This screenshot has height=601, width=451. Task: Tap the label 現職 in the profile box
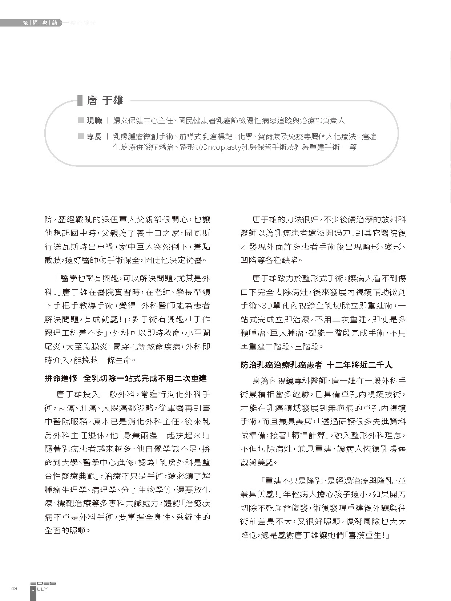pyautogui.click(x=94, y=121)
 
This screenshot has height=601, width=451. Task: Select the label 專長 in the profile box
pyautogui.click(x=94, y=137)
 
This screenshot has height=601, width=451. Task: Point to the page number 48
pyautogui.click(x=15, y=589)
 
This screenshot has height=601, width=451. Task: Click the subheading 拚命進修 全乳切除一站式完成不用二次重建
pyautogui.click(x=125, y=378)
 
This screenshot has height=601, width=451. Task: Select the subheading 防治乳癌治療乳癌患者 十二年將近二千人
pyautogui.click(x=316, y=365)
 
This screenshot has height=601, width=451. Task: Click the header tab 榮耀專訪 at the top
pyautogui.click(x=40, y=23)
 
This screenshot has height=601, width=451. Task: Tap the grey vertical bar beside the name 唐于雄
pyautogui.click(x=80, y=100)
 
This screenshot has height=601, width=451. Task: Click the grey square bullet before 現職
pyautogui.click(x=81, y=121)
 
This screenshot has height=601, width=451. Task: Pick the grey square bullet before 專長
pyautogui.click(x=81, y=137)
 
